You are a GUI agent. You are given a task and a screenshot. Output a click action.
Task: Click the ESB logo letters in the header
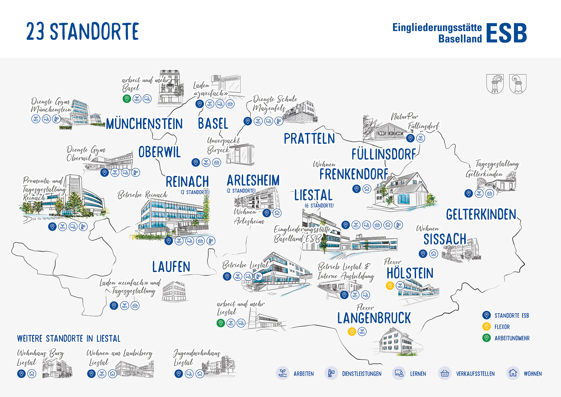(x=506, y=33)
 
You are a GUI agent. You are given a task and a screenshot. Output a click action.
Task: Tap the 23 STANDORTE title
(x=82, y=31)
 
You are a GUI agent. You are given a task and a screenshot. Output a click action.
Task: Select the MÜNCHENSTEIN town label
(x=144, y=124)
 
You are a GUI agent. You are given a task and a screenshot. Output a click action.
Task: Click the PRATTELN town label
(x=309, y=139)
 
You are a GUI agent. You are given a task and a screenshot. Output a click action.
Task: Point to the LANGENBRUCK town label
(x=374, y=318)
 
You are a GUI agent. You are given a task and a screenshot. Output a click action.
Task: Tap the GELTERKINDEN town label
(x=481, y=215)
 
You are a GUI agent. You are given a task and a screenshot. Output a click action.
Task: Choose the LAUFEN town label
(x=171, y=267)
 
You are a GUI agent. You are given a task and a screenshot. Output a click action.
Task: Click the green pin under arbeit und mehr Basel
(x=127, y=99)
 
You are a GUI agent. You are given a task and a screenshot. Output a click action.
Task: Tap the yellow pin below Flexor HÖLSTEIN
(x=390, y=286)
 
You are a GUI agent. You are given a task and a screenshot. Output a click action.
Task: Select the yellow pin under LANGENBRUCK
(x=352, y=331)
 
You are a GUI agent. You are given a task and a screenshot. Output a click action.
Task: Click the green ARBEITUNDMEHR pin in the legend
(x=486, y=338)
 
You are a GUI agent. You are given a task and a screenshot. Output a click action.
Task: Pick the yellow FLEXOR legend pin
(x=486, y=326)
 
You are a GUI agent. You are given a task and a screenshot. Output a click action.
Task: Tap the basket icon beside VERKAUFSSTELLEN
(x=445, y=373)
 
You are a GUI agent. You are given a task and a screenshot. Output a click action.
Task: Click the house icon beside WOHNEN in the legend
(x=513, y=373)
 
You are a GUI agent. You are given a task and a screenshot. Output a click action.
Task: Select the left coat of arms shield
(x=495, y=84)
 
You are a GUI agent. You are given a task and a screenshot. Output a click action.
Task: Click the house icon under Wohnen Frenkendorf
(x=367, y=189)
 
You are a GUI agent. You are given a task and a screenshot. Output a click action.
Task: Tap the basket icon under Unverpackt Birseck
(x=217, y=162)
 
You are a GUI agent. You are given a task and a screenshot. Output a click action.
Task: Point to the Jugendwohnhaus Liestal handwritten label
(x=196, y=357)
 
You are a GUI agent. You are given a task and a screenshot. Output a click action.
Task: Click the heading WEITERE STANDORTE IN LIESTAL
(x=69, y=339)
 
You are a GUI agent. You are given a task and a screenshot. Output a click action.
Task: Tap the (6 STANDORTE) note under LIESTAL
(x=319, y=206)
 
